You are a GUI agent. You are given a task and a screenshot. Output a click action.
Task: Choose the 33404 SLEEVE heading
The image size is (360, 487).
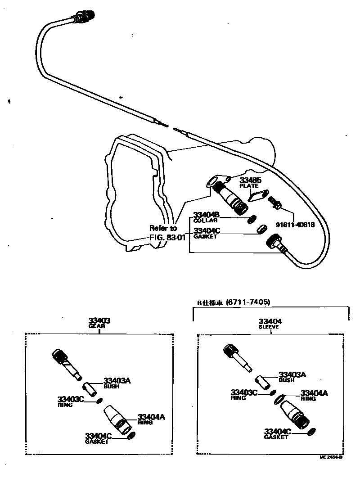[x=270, y=323]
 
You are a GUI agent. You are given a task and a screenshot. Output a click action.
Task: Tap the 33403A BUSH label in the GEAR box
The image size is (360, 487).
[x=117, y=383]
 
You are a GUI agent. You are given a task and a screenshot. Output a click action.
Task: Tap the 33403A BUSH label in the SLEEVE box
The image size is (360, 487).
[x=292, y=376]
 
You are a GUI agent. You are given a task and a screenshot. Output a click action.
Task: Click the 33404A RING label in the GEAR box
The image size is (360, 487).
[x=151, y=419]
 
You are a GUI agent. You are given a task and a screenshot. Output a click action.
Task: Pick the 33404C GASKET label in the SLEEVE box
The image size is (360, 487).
[x=278, y=434]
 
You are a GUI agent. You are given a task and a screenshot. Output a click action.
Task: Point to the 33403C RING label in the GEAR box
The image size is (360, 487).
[x=71, y=401]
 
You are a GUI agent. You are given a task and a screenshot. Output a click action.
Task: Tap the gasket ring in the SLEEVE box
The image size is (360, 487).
[x=310, y=432]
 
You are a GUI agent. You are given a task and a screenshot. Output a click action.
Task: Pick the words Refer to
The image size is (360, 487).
[x=163, y=228]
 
